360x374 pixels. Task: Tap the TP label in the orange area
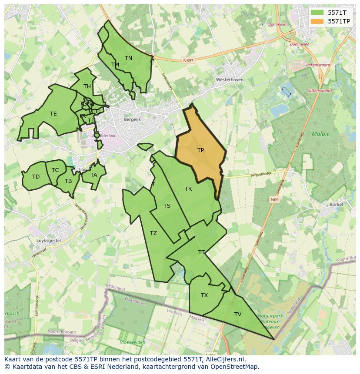tap(200, 150)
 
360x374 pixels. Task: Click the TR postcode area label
tap(188, 189)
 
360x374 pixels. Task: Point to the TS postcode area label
tap(167, 206)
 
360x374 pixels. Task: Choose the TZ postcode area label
tap(153, 233)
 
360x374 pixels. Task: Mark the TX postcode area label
tap(204, 295)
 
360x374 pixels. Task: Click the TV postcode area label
tap(238, 314)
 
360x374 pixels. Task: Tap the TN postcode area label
tap(128, 58)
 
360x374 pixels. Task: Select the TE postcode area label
tap(53, 114)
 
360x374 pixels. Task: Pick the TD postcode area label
tap(36, 177)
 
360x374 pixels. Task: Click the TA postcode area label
tap(94, 175)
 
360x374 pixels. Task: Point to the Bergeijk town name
tap(132, 119)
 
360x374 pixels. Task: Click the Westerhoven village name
tap(230, 80)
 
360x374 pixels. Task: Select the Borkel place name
tap(336, 204)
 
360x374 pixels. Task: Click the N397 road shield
tap(188, 61)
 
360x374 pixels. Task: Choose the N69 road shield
tap(274, 200)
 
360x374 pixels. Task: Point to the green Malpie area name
tap(320, 134)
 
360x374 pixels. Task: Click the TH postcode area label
tap(87, 86)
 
